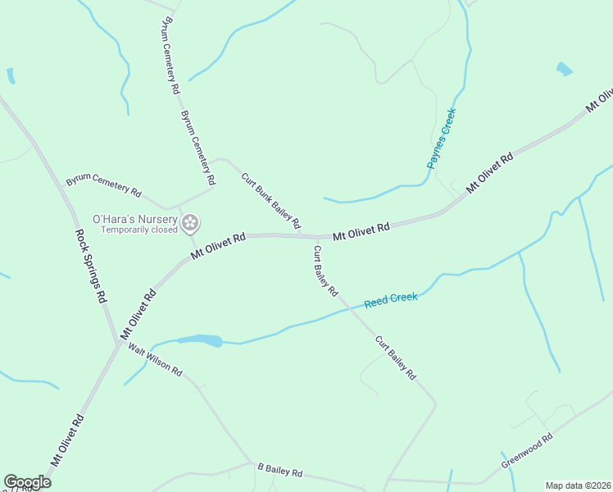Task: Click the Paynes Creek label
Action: (x=441, y=139)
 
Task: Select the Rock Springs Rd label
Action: (x=91, y=266)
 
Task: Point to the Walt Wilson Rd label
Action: (x=154, y=358)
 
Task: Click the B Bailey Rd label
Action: (x=279, y=471)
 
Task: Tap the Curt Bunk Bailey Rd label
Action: (x=270, y=201)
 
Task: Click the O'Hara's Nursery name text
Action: (x=134, y=219)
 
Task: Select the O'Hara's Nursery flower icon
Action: (x=191, y=222)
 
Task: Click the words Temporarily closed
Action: (x=139, y=230)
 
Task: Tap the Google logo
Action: (x=27, y=481)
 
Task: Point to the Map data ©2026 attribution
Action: (x=578, y=485)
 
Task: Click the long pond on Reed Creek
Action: (x=200, y=339)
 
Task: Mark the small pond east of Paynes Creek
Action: (x=564, y=70)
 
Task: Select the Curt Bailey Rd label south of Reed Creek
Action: (x=396, y=358)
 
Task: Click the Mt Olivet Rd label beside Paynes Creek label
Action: (x=489, y=172)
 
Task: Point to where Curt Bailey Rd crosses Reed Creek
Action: (x=348, y=307)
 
